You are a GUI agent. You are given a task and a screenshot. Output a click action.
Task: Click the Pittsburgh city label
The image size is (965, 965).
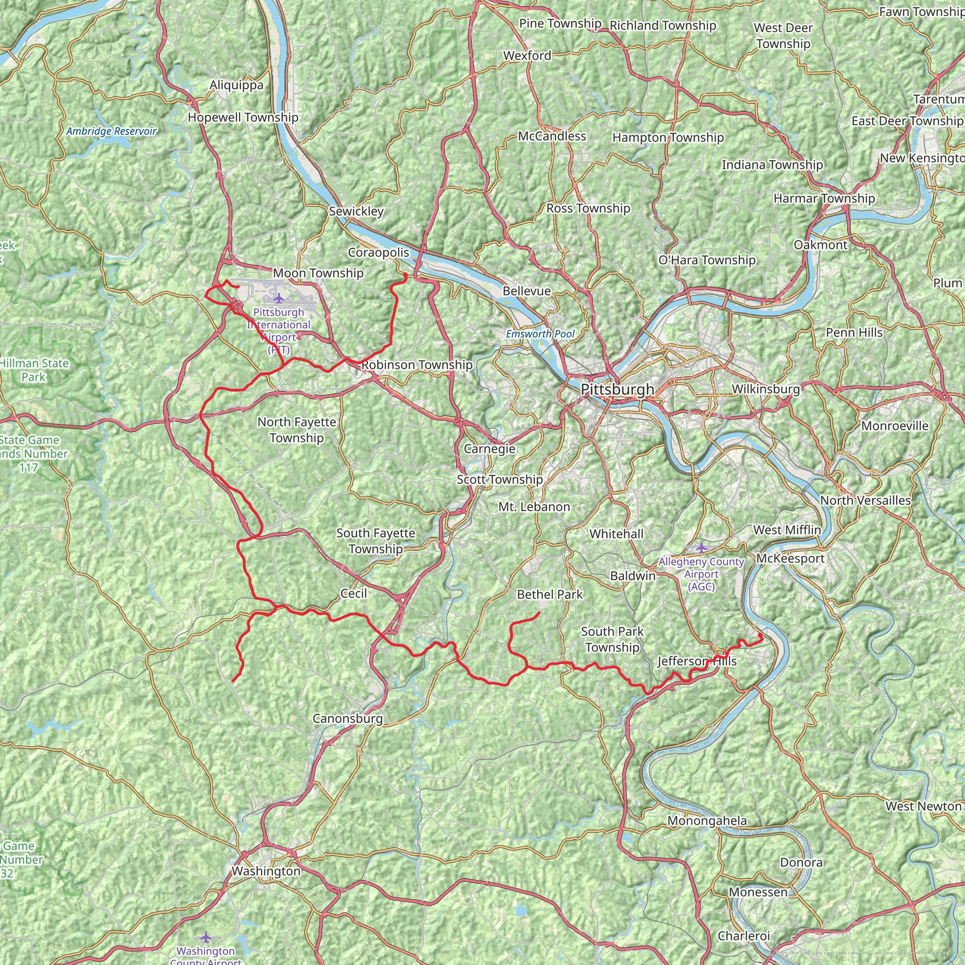[617, 389]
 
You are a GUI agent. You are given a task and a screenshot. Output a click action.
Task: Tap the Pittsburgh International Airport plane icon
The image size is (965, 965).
[279, 299]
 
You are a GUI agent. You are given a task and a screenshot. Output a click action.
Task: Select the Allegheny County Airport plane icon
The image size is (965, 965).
[701, 548]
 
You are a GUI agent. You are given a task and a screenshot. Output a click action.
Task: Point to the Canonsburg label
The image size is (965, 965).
[348, 719]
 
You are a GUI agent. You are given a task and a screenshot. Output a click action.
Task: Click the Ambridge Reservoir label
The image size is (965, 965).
[111, 131]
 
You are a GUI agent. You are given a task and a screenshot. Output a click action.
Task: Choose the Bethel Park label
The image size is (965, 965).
[550, 594]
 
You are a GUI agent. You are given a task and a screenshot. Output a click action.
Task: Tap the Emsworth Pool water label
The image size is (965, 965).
[540, 334]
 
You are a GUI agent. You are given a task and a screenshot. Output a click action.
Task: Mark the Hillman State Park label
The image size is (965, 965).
[33, 370]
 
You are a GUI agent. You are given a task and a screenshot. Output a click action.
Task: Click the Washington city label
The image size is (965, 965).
[266, 871]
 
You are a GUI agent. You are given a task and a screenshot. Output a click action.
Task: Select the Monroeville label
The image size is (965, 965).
[895, 426]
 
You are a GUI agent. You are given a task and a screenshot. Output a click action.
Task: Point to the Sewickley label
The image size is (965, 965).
[356, 211]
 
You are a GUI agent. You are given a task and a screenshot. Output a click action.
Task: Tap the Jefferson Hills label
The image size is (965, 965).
[697, 661]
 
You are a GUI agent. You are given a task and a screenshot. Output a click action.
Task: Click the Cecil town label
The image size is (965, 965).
[354, 593]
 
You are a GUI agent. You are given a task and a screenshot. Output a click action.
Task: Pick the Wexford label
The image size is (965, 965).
[527, 56]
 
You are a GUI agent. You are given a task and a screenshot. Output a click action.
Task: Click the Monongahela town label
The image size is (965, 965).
[707, 821]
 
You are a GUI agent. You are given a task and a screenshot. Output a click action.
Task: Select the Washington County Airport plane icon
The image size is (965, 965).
[206, 937]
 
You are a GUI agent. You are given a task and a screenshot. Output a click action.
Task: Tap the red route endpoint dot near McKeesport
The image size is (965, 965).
[760, 635]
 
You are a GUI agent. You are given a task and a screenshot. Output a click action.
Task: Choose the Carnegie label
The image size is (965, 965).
[490, 449]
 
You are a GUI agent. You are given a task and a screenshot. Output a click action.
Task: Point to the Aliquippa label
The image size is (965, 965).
[236, 85]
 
